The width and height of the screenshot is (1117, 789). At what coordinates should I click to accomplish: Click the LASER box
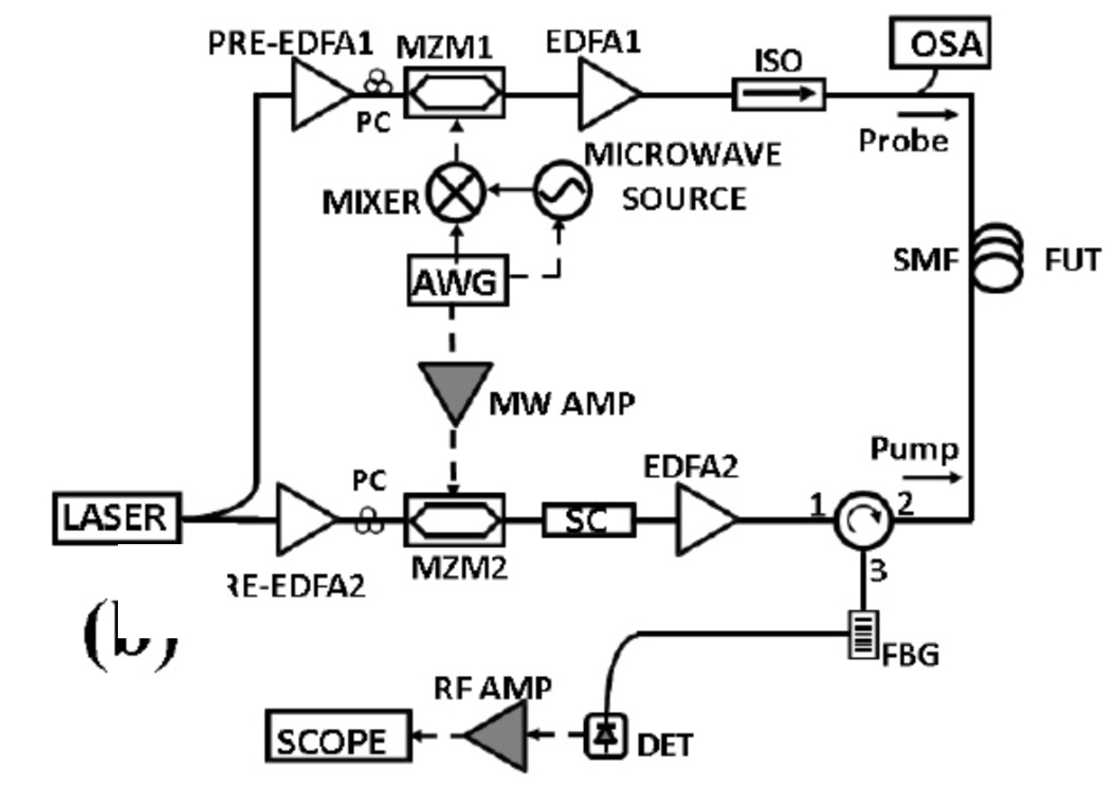pos(116,518)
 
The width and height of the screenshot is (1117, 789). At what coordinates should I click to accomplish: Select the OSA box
pos(940,43)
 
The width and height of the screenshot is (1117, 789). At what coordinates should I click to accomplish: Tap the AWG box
pos(457,280)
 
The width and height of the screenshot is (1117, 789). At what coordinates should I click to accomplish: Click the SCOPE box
pos(338,736)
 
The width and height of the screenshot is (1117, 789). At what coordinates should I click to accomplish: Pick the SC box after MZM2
pos(589,520)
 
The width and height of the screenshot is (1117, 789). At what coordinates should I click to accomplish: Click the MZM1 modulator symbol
pos(454,93)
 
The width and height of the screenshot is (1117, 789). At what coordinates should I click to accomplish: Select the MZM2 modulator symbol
pos(454,519)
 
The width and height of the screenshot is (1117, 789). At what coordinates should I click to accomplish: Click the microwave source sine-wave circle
pos(562,191)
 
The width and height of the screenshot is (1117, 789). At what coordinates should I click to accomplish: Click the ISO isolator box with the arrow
pos(779,95)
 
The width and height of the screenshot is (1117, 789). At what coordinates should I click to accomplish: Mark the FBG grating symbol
pos(864,635)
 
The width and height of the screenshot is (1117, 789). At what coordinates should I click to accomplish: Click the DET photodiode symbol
pos(606,736)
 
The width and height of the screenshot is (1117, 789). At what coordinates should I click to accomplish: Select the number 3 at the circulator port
pos(878,571)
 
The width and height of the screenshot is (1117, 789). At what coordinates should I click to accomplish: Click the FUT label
pos(1072,260)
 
